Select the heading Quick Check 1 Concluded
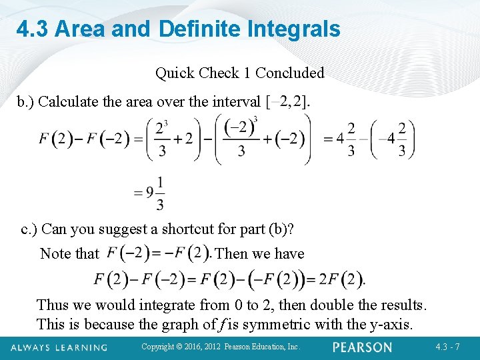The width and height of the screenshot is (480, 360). pos(240,73)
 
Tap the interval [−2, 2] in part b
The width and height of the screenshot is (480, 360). pos(288,102)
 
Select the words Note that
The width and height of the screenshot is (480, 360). pos(69,254)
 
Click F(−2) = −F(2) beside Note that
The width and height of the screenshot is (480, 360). pos(158,253)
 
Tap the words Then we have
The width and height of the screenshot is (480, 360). pos(261,254)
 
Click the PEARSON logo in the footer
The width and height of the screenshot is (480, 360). pos(363,347)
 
